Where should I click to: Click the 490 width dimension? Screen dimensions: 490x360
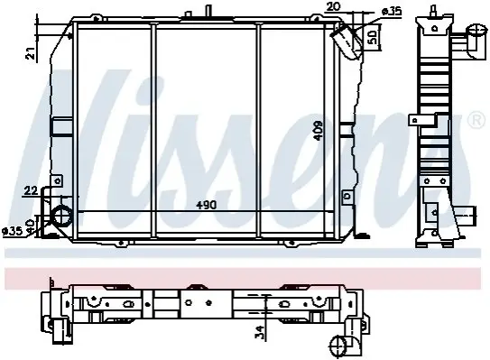point(207,205)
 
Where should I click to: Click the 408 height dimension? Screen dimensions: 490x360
point(319,131)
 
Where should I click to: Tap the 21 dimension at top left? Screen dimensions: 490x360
point(31,54)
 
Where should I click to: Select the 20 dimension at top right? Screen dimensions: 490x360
point(333,6)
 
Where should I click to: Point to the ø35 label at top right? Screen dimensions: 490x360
point(392,12)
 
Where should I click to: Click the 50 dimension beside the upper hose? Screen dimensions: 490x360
point(372,37)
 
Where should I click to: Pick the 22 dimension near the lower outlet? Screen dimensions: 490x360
point(31,190)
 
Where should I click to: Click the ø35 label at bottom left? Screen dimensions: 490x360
point(13,231)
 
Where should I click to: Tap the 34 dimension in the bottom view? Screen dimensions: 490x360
point(259,332)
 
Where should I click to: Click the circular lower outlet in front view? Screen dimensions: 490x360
point(61,217)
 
